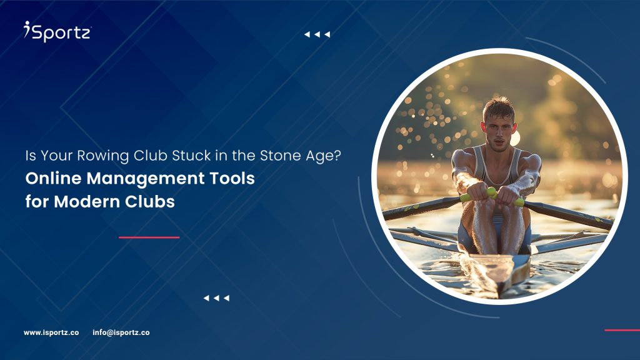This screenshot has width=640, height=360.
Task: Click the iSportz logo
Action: (57, 31)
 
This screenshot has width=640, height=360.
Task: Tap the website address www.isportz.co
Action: (51, 332)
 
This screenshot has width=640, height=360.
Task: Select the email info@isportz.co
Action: (121, 332)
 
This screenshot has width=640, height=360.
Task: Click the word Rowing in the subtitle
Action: (103, 156)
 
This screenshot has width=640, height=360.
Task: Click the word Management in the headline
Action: (145, 179)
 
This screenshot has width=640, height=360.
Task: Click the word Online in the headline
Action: (53, 178)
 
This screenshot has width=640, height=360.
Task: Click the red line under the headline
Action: (149, 237)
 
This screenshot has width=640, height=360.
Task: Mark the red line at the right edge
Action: (622, 330)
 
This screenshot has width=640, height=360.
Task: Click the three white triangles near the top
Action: (317, 35)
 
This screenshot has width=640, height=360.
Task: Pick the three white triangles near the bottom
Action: (216, 298)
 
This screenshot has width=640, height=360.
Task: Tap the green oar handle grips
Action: (492, 196)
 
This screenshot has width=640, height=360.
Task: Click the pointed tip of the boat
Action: (499, 295)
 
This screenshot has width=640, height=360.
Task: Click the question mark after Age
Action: (337, 155)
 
